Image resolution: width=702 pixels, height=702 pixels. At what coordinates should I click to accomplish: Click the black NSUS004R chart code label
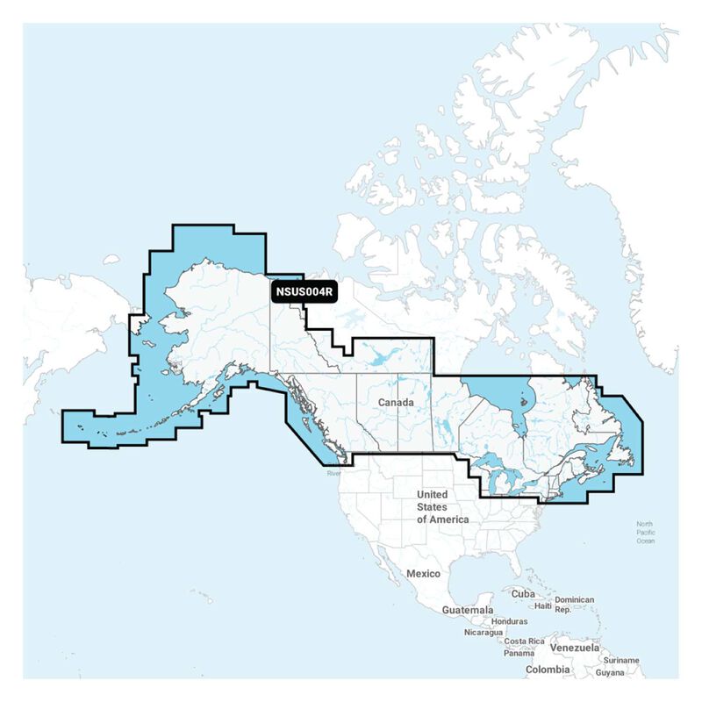(x=305, y=290)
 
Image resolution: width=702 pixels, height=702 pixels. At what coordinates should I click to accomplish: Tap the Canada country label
(x=395, y=402)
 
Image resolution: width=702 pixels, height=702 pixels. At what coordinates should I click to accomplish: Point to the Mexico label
(x=422, y=573)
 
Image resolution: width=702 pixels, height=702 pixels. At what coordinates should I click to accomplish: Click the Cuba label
(x=523, y=593)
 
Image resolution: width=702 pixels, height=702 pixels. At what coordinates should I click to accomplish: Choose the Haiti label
(x=543, y=605)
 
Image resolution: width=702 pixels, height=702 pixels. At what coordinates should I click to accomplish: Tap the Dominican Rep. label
(x=575, y=604)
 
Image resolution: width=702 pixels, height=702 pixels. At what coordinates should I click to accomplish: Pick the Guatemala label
(x=468, y=610)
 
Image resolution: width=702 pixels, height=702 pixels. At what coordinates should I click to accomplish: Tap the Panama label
(x=519, y=653)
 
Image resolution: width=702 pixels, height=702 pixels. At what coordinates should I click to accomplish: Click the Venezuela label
(x=576, y=648)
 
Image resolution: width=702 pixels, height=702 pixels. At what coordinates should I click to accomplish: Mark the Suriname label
(x=621, y=660)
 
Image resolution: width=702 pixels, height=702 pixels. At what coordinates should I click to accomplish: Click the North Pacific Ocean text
(x=646, y=533)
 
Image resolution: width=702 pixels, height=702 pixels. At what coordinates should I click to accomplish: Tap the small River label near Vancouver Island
(x=333, y=474)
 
